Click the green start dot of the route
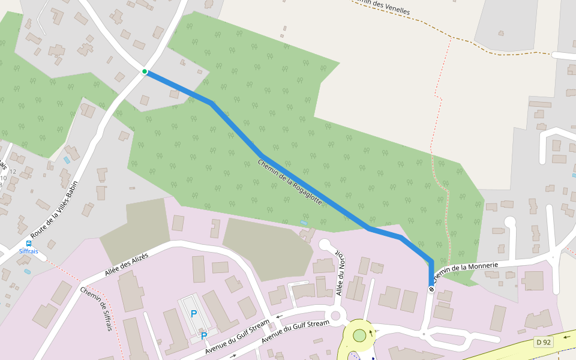tap(145, 72)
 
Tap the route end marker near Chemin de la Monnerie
tap(431, 290)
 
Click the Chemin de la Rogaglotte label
tap(291, 181)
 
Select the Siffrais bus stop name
tap(28, 251)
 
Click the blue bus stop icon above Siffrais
tap(28, 244)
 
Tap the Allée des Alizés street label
tap(126, 264)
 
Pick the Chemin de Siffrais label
tap(96, 308)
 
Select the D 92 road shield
tap(543, 342)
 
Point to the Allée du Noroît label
tap(341, 273)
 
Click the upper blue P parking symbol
tap(194, 313)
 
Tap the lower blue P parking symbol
tap(204, 335)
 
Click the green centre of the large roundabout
tap(359, 335)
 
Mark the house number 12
tap(13, 172)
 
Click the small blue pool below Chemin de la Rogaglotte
tap(304, 223)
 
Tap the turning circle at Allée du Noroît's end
tap(325, 245)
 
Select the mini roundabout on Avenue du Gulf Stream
tap(335, 314)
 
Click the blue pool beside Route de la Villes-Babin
tap(67, 160)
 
